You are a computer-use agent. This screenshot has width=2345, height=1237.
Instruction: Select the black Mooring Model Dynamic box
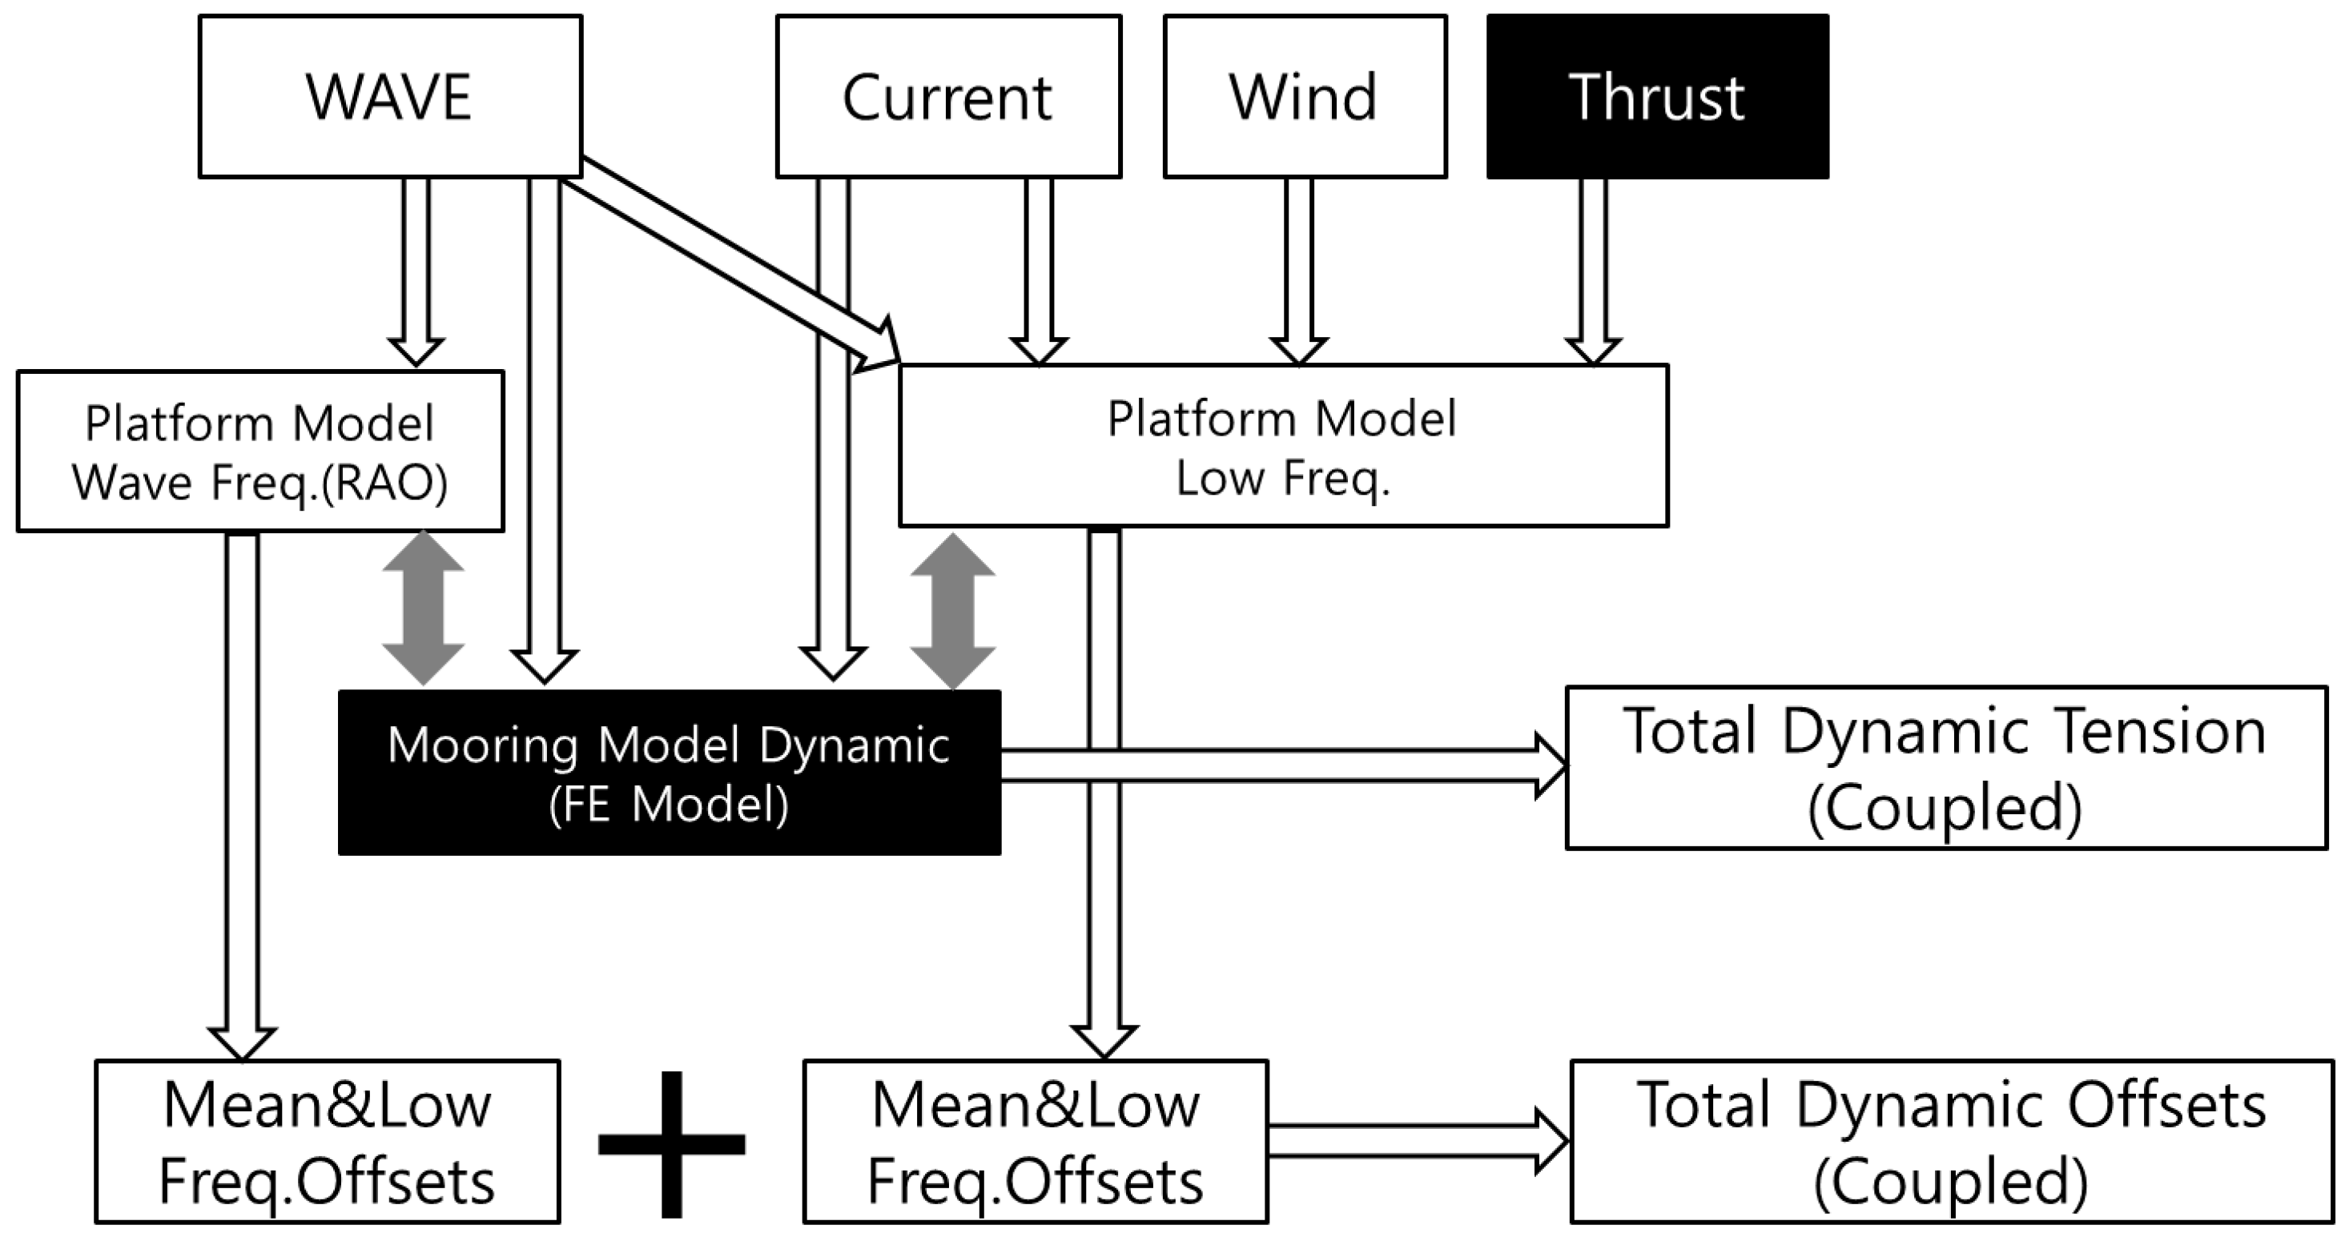(x=668, y=772)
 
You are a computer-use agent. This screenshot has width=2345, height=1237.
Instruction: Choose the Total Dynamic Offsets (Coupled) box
(x=1951, y=1142)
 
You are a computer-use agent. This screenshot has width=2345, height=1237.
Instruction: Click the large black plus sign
(x=672, y=1144)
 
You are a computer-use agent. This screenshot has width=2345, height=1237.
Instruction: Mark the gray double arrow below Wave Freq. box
(x=424, y=608)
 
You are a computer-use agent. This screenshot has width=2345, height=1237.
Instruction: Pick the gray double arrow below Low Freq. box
(x=952, y=610)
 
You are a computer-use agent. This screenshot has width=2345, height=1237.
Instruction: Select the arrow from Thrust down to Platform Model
(x=1592, y=268)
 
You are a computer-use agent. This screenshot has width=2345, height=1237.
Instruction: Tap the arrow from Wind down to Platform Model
(x=1298, y=268)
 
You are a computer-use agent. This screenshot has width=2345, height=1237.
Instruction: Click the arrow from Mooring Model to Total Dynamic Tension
(x=1274, y=765)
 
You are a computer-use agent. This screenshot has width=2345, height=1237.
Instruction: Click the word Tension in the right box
(x=2148, y=733)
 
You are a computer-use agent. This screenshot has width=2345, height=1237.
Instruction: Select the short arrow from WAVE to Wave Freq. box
(x=415, y=268)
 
